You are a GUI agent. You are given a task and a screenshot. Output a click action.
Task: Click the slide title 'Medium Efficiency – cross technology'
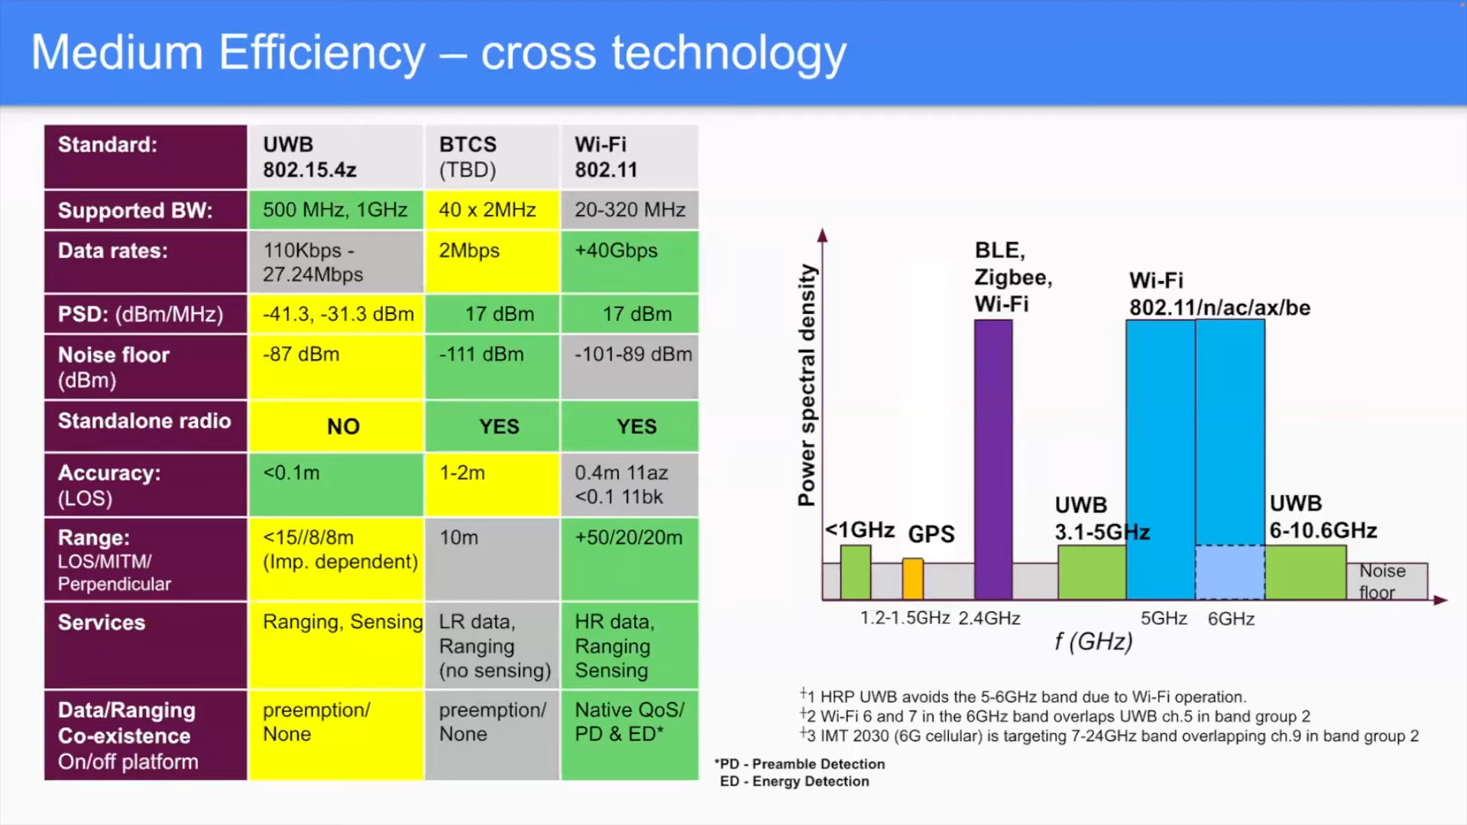[x=438, y=53]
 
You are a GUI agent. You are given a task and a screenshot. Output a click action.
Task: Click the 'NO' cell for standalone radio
[x=343, y=426]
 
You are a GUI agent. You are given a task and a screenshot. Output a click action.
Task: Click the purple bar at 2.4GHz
[x=993, y=458]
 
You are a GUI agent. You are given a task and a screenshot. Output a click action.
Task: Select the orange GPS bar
[x=913, y=578]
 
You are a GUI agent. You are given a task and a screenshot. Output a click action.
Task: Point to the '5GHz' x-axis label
[x=1164, y=618]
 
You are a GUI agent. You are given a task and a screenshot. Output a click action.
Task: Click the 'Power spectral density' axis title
[x=807, y=385]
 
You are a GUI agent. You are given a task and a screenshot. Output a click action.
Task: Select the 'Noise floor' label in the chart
[x=1382, y=581]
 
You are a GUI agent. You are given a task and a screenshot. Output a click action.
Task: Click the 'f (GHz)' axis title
[x=1093, y=642]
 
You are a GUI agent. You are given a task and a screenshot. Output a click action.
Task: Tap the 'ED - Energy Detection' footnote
[x=795, y=781]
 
